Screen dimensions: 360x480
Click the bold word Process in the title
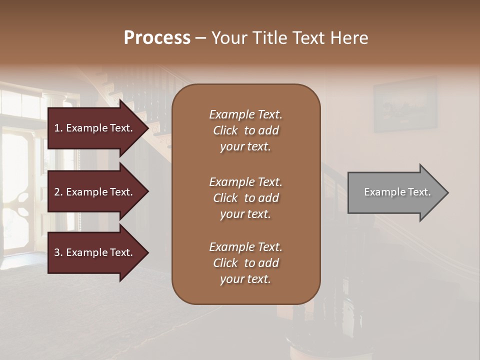point(157,38)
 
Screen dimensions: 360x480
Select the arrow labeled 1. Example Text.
point(95,128)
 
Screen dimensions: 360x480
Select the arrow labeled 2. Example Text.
point(95,192)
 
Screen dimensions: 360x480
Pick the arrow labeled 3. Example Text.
point(95,252)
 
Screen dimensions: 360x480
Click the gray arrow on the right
point(392,192)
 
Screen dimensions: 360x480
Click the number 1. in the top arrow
point(58,128)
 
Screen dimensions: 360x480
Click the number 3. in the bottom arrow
point(58,252)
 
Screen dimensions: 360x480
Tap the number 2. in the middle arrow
point(58,192)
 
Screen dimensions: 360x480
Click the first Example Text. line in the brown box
point(245,114)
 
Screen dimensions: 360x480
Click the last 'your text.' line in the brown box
point(245,279)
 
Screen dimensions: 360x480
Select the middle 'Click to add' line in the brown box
point(245,198)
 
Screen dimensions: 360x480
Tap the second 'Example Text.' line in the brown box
point(245,182)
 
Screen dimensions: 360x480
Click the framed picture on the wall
point(405,105)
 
